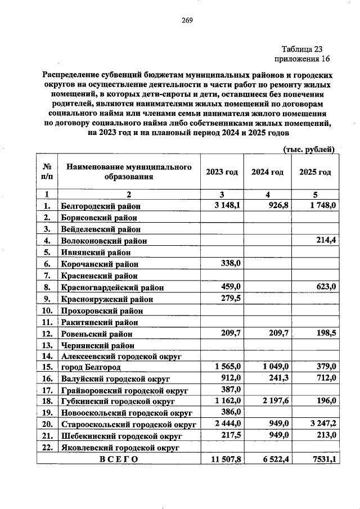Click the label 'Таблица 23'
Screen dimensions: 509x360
(302, 49)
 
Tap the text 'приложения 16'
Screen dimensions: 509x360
(301, 59)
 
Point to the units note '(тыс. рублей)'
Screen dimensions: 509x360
(309, 149)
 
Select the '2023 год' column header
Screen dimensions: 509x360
(222, 172)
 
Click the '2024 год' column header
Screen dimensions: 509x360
(267, 172)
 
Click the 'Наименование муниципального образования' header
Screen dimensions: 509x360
(128, 172)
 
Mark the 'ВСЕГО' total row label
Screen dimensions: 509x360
(118, 459)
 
